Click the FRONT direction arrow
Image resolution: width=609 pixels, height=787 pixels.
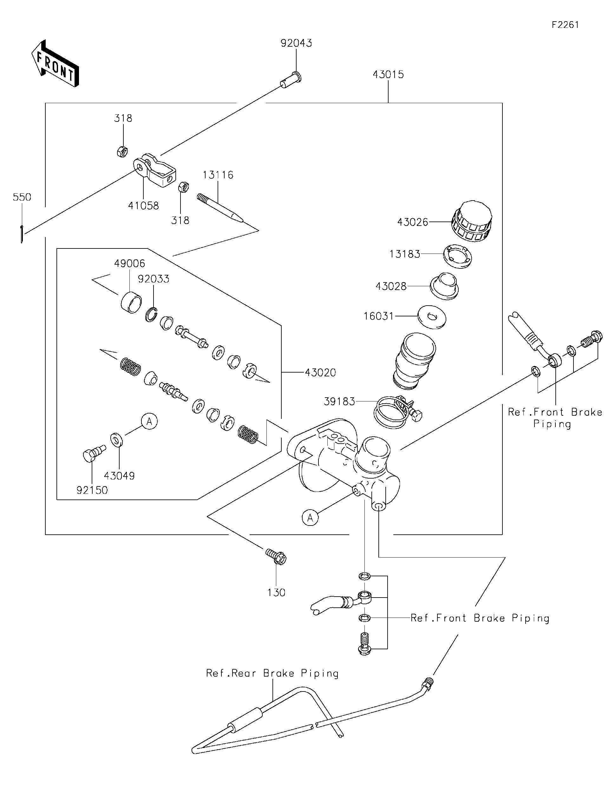tap(55, 64)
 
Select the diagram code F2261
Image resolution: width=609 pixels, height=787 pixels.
tap(565, 25)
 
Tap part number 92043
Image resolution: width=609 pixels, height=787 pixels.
tap(296, 43)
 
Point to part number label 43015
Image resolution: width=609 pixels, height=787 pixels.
tap(388, 75)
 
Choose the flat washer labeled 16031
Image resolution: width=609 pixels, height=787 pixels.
tap(431, 317)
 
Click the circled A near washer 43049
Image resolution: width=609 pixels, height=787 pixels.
tap(149, 421)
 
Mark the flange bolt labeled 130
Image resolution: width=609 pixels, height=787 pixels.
tap(276, 558)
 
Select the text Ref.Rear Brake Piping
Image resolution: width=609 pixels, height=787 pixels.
tap(272, 673)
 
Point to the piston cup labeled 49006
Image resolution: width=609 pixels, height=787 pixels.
tap(131, 302)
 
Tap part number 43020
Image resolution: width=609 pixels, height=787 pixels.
tap(320, 372)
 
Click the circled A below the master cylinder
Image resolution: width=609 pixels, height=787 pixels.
tap(310, 518)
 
